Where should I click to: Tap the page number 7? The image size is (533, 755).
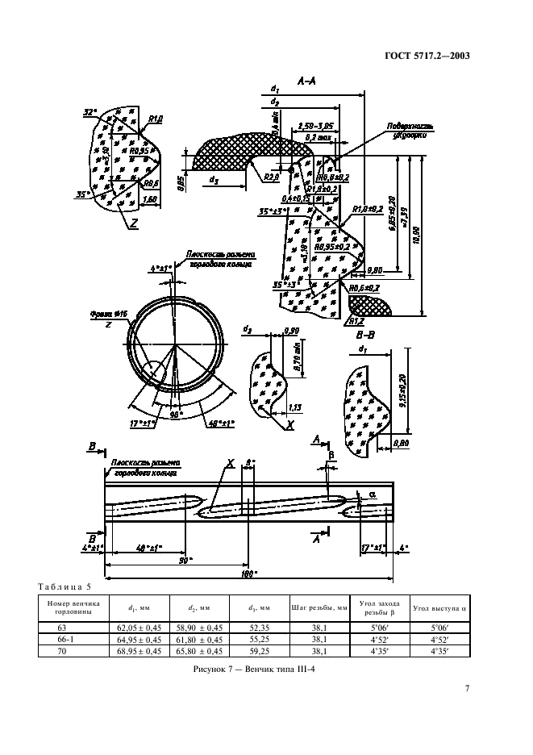coord(467,688)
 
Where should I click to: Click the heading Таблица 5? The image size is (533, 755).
coord(66,586)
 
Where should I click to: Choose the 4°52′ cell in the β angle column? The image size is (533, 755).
coord(379,637)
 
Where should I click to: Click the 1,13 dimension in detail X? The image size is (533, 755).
coord(295,407)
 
